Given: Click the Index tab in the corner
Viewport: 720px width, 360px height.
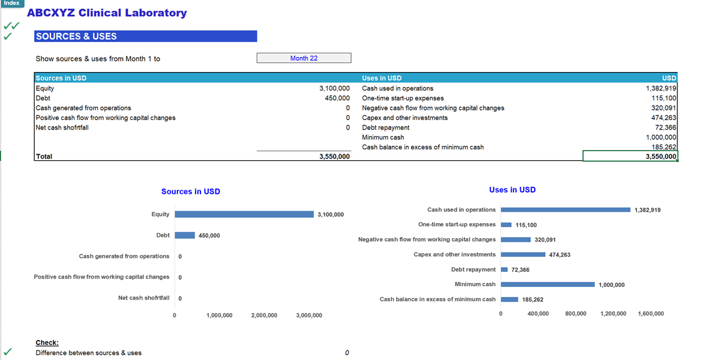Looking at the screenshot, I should [11, 4].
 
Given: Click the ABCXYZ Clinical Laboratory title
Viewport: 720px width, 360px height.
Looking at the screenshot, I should [107, 13].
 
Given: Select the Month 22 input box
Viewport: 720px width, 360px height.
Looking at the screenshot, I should [304, 58].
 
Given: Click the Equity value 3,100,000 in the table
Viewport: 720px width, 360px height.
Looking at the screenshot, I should [334, 88].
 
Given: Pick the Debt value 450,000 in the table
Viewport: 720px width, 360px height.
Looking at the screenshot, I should [337, 98].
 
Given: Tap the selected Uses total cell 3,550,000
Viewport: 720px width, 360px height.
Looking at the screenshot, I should [630, 156].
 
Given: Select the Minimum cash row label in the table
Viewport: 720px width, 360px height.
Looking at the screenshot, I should [383, 137].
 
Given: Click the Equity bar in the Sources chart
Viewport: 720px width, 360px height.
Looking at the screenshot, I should [244, 214].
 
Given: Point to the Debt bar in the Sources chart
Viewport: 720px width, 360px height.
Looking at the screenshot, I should [185, 235].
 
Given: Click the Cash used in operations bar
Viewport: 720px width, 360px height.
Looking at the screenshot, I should [565, 209].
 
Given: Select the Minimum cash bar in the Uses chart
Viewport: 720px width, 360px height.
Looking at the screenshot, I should [547, 284].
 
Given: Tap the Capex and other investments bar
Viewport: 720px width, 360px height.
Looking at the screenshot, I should [523, 254].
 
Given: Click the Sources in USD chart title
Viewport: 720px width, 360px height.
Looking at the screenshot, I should [190, 191].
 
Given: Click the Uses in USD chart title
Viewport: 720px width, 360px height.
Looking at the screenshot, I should [512, 190].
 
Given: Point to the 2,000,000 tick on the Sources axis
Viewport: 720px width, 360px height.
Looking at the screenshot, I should [264, 315].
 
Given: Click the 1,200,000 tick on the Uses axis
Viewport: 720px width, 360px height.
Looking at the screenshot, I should [613, 314].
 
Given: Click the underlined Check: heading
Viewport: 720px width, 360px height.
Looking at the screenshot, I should [47, 343].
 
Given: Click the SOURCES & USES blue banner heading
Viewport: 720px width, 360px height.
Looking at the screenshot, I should [145, 37].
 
